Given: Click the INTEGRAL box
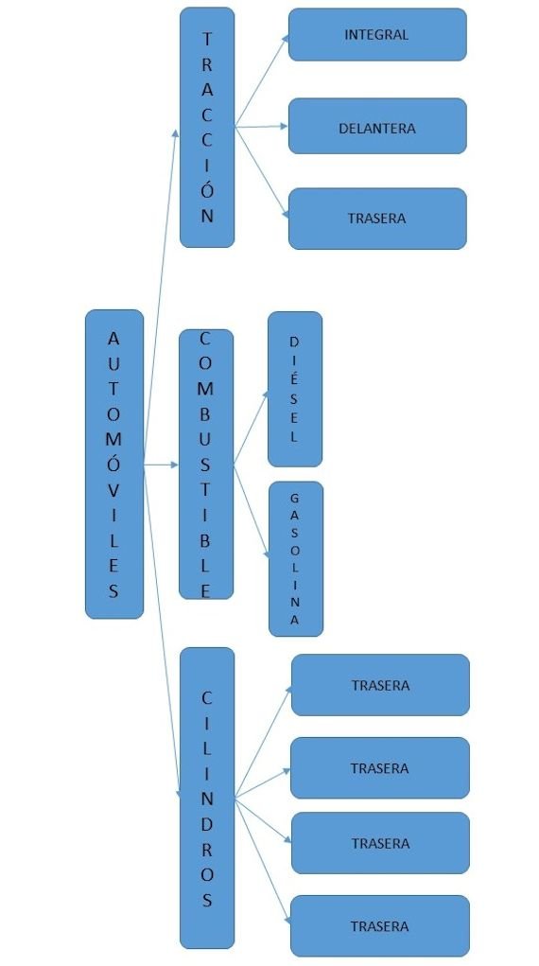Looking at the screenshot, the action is (x=377, y=34).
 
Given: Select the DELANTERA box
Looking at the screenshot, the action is (x=377, y=126).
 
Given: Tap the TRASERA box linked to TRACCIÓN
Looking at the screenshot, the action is (x=377, y=219).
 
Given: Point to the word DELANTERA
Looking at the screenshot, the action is (x=377, y=129).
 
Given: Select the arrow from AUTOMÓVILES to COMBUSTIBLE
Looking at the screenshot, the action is (x=161, y=465).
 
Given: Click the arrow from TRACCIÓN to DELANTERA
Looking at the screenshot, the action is (x=261, y=126).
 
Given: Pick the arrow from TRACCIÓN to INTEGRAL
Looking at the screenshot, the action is (x=262, y=80).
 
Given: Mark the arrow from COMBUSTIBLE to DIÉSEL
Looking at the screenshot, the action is (x=252, y=428).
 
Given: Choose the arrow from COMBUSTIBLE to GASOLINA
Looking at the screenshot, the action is (x=252, y=513).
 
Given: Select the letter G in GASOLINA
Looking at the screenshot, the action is (x=294, y=498).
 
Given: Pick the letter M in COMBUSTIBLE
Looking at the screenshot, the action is (x=206, y=389).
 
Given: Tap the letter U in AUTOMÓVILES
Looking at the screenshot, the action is (x=114, y=363).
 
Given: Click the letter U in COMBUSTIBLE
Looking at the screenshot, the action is (x=206, y=439).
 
